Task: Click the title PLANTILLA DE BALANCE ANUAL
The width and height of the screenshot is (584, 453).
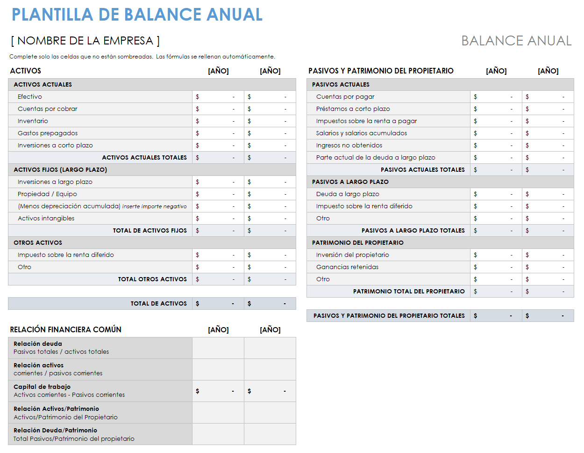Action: tap(137, 15)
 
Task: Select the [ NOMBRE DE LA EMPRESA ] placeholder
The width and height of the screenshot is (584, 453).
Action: tap(85, 41)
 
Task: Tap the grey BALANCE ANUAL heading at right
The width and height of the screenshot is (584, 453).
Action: tap(516, 41)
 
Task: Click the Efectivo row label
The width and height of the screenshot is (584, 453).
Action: tap(30, 97)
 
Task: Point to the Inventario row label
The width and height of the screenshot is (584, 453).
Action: tap(33, 121)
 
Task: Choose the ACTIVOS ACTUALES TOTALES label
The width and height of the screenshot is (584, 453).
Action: tap(144, 158)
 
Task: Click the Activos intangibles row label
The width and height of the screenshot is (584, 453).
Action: tap(46, 219)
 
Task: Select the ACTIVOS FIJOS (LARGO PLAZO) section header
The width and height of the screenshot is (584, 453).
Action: tap(60, 170)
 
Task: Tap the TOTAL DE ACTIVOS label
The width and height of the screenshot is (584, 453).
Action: tap(158, 304)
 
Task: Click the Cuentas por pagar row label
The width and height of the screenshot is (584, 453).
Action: tap(345, 97)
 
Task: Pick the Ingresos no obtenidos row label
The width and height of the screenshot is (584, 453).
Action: tap(349, 146)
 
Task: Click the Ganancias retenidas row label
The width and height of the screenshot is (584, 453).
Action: tap(347, 267)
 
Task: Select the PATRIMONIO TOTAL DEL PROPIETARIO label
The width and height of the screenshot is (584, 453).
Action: tap(409, 292)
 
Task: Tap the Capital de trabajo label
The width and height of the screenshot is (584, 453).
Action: tap(42, 387)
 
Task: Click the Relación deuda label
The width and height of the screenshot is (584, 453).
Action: tap(38, 344)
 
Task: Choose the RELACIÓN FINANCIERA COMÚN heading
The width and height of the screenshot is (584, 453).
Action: tap(65, 329)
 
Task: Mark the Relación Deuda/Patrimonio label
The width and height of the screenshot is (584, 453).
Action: tap(55, 431)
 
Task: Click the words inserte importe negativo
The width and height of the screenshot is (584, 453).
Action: tap(154, 206)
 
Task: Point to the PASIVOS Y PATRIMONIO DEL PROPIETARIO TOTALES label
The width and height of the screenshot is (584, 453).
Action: tap(389, 316)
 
